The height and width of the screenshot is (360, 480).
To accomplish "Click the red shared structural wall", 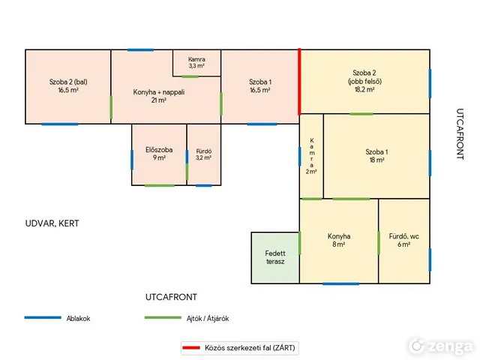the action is coord(299,82).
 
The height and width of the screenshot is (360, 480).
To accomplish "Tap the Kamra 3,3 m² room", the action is coord(196,63).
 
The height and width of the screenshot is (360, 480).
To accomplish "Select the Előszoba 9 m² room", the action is coord(159,154).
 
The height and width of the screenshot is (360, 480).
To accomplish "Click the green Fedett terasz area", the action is coord(275,258).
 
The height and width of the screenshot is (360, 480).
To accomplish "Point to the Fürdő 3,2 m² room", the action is coord(204,154).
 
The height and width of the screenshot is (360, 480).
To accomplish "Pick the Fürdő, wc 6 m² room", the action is coord(404,241).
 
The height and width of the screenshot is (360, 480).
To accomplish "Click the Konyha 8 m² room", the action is coord(339,241).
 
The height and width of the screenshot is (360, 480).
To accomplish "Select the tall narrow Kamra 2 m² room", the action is coord(312,156).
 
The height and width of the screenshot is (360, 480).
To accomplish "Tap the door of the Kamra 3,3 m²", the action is coord(190,76).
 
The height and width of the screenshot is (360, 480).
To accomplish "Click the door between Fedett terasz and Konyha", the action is coord(299,243).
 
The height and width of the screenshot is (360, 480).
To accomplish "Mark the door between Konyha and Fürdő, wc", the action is coord(379,243).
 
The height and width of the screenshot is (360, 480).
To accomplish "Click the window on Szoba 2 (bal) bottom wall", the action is coord(60,124).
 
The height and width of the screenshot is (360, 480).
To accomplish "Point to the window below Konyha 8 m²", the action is coord(340,283).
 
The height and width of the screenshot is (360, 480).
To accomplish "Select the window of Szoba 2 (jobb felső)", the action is coord(430,83).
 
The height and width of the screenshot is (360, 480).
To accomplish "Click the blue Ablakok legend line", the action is coord(43,318).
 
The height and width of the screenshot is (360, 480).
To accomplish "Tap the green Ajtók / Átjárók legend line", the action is coord(163,318).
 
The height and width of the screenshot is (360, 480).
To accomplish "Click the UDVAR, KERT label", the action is coord(52,223).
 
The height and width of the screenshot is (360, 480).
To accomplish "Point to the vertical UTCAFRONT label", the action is coord(460,134).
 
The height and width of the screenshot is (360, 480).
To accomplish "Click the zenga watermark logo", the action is coord(440,346).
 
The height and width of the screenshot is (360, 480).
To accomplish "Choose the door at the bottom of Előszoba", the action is coord(160,185).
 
